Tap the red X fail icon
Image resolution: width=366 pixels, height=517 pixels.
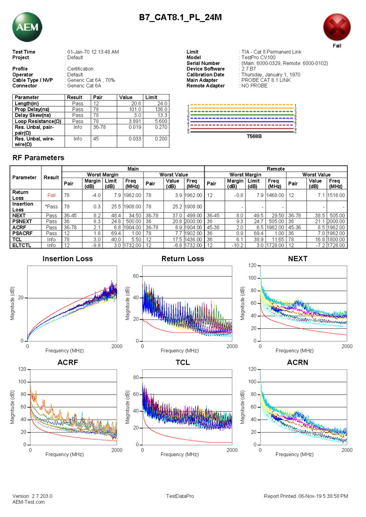pyautogui.click(x=337, y=27)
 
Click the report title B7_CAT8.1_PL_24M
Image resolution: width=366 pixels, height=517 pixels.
pyautogui.click(x=180, y=18)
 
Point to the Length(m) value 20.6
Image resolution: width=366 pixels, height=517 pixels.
pyautogui.click(x=135, y=103)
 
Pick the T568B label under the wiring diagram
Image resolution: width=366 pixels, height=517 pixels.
pyautogui.click(x=243, y=137)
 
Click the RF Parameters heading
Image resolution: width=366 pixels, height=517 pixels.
pyautogui.click(x=38, y=158)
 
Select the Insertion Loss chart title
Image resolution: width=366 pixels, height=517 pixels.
pyautogui.click(x=67, y=258)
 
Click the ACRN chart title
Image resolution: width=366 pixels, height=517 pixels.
pyautogui.click(x=298, y=363)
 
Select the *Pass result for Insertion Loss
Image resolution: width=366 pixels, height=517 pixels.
pyautogui.click(x=52, y=207)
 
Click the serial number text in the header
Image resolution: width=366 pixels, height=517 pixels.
pyautogui.click(x=285, y=63)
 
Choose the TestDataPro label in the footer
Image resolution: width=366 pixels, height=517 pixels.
pyautogui.click(x=180, y=496)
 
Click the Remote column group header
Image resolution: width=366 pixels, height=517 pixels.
pyautogui.click(x=276, y=169)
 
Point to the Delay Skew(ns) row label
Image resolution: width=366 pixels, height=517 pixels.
pyautogui.click(x=32, y=115)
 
